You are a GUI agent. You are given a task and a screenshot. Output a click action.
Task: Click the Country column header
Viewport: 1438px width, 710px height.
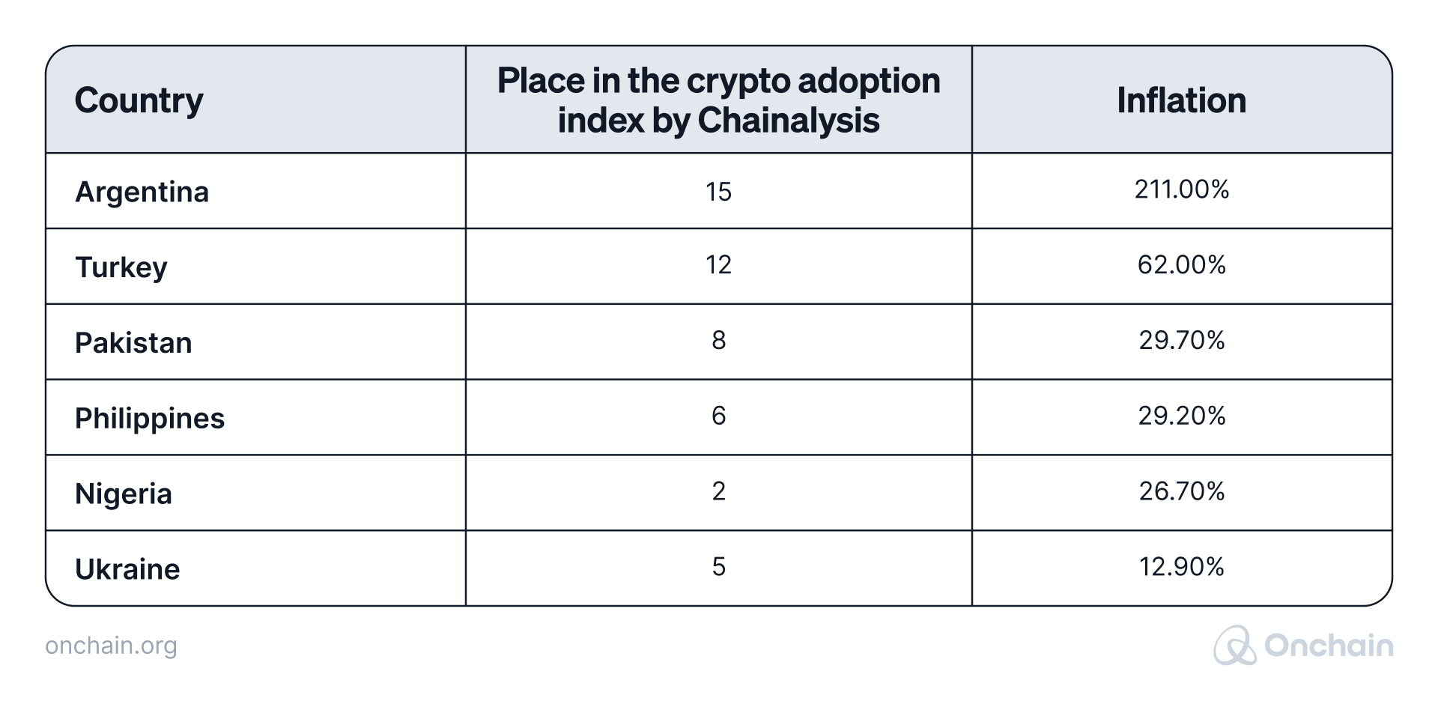139,101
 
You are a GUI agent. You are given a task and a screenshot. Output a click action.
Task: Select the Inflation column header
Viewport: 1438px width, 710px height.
1182,100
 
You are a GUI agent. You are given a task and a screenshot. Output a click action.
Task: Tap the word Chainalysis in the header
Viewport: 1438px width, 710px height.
789,121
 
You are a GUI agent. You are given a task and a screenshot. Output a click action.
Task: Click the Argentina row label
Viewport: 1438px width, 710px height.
142,192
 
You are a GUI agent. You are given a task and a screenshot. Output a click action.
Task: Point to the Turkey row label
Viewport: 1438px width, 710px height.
121,267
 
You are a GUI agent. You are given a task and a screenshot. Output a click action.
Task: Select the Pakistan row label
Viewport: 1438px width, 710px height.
133,342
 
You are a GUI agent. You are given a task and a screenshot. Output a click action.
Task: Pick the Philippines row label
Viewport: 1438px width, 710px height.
150,419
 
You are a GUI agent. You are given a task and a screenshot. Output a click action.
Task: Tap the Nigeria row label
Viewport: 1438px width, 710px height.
124,494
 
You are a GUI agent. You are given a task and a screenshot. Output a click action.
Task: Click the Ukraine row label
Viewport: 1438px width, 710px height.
127,569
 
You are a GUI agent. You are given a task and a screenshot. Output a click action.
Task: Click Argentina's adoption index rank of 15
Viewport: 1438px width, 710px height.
718,192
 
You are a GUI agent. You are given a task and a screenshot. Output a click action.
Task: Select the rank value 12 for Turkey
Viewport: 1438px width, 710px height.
718,264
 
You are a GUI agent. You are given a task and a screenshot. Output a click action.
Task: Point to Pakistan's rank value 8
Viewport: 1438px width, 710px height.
718,340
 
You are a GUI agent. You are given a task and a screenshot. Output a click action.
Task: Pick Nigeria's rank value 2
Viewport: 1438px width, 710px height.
718,491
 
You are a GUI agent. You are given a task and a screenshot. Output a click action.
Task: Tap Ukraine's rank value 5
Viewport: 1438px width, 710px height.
718,566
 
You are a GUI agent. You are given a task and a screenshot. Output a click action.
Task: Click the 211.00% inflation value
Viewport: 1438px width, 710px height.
1182,189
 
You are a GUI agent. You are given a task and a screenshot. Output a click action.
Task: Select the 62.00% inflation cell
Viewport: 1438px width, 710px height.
1182,264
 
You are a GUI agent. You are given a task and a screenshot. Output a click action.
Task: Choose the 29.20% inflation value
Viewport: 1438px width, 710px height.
1182,416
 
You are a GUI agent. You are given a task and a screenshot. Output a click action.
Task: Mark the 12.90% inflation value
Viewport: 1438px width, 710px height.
1182,566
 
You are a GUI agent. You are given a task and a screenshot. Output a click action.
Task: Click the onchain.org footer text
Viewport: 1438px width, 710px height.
111,646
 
